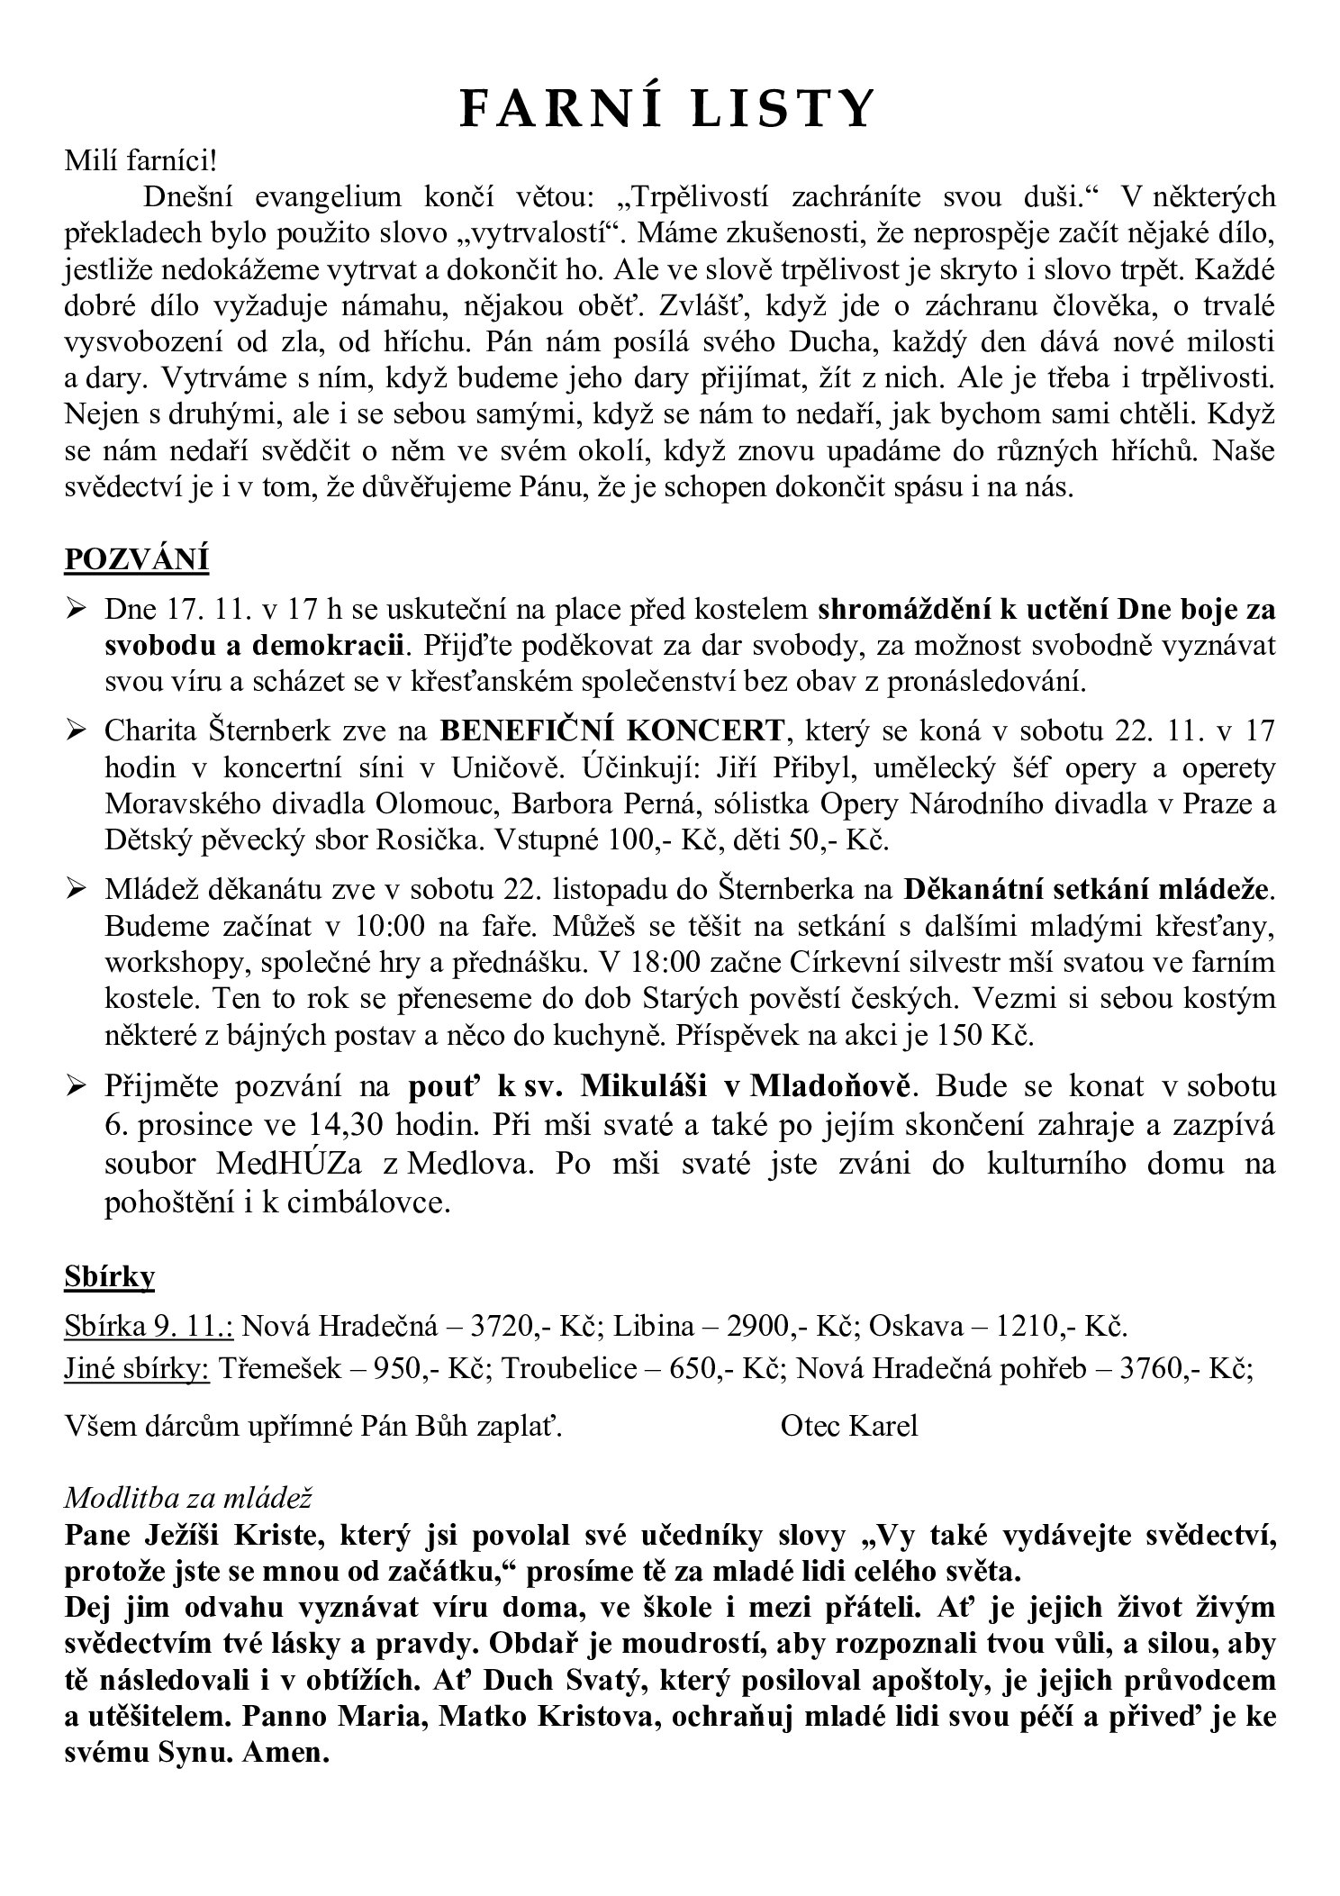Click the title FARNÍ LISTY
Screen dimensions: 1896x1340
(667, 109)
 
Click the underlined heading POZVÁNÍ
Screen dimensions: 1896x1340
(136, 559)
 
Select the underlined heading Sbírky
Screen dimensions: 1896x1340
(110, 1276)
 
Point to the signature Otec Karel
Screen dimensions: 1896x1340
(849, 1426)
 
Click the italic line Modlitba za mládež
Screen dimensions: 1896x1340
(187, 1497)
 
